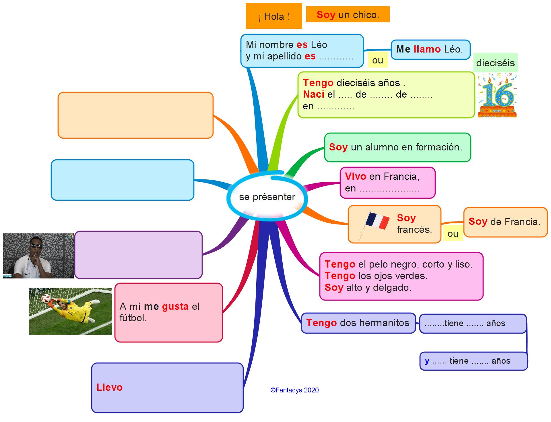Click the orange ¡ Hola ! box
[x=274, y=16]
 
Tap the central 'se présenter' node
[x=267, y=197]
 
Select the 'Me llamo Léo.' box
[x=430, y=49]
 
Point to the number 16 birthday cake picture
[x=497, y=96]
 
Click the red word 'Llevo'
[x=109, y=387]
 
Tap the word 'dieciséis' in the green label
[x=495, y=63]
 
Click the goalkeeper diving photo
[x=70, y=311]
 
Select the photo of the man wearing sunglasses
[x=38, y=256]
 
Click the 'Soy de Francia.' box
[x=505, y=222]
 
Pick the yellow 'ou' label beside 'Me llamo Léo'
[x=377, y=60]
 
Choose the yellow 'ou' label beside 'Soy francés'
[x=453, y=234]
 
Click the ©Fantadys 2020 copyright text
[x=294, y=390]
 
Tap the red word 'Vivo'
[x=355, y=176]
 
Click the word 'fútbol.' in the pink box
[x=133, y=318]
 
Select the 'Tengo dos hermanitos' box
[x=358, y=323]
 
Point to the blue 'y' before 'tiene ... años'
[x=427, y=361]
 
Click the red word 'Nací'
[x=313, y=94]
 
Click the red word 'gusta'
[x=175, y=306]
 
